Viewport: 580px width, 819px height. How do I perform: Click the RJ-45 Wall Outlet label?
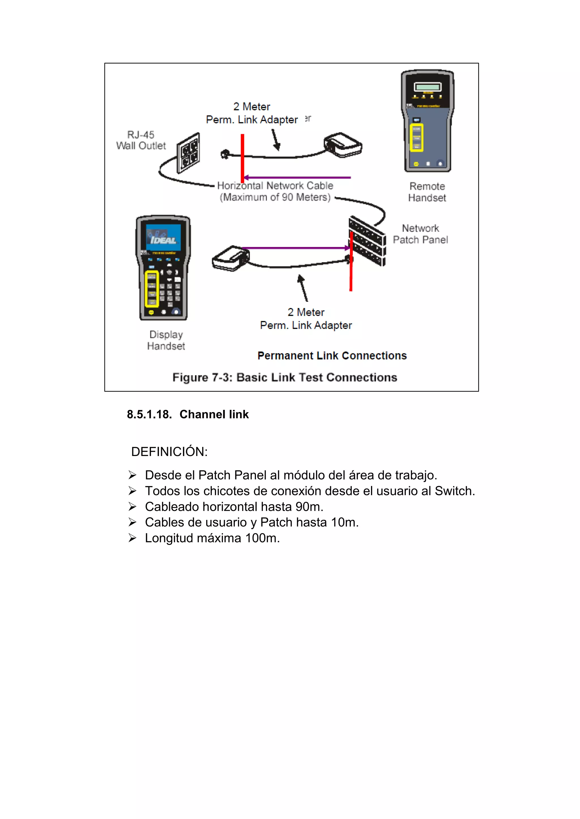tap(141, 140)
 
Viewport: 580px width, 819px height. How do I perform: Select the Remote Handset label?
tap(427, 192)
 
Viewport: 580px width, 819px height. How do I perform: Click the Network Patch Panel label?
tap(420, 234)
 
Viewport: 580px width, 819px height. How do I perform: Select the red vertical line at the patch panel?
tap(351, 262)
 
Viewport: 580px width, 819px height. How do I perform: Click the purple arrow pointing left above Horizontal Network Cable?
tap(297, 177)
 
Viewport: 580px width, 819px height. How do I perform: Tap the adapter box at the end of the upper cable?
tap(343, 145)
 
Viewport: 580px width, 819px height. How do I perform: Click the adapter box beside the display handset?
tap(230, 258)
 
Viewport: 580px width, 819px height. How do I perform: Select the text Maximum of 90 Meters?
tap(275, 197)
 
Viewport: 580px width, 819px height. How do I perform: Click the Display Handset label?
tap(166, 340)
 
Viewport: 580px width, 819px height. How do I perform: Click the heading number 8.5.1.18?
tap(149, 414)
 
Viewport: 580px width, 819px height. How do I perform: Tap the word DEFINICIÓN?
tap(169, 452)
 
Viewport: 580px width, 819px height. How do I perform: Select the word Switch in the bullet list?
tap(454, 491)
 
